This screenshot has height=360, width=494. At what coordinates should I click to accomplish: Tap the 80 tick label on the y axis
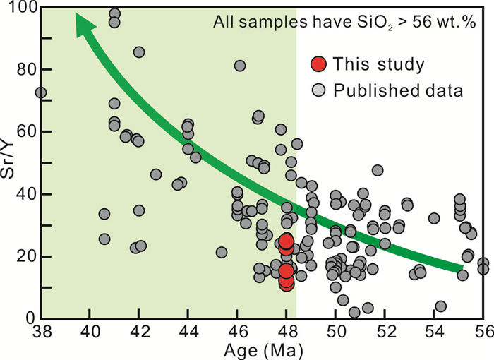[23, 70]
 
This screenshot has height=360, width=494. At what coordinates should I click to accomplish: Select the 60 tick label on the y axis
[23, 132]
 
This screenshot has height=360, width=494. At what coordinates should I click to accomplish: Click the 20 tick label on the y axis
[23, 256]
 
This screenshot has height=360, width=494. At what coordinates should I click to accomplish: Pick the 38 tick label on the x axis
[40, 332]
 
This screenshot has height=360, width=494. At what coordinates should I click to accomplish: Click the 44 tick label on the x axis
[188, 332]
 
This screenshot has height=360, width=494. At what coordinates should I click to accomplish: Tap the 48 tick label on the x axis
[286, 332]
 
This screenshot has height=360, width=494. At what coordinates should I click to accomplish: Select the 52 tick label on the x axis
[385, 332]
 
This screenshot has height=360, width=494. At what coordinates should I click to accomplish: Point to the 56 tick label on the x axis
[483, 332]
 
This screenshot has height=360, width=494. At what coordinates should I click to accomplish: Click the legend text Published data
[398, 90]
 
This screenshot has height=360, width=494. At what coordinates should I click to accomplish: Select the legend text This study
[379, 65]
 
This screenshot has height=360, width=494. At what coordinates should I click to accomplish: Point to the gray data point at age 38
[40, 92]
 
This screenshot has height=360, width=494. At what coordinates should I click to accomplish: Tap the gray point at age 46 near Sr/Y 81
[240, 66]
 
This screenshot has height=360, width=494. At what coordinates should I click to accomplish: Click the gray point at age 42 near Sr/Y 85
[139, 52]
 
